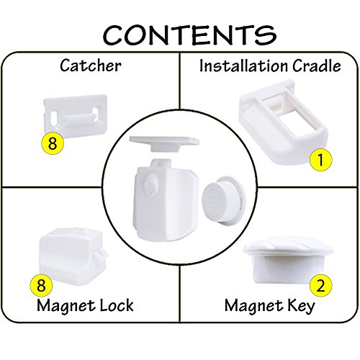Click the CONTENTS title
click(189, 35)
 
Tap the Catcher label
click(91, 66)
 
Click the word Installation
click(243, 66)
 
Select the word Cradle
click(317, 66)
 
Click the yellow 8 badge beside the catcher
click(53, 143)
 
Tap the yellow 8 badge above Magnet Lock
click(41, 286)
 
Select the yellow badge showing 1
click(321, 160)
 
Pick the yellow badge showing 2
click(321, 286)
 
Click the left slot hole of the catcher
click(55, 117)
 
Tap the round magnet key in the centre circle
click(224, 200)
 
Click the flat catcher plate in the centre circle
click(164, 143)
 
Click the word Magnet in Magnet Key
click(252, 306)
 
